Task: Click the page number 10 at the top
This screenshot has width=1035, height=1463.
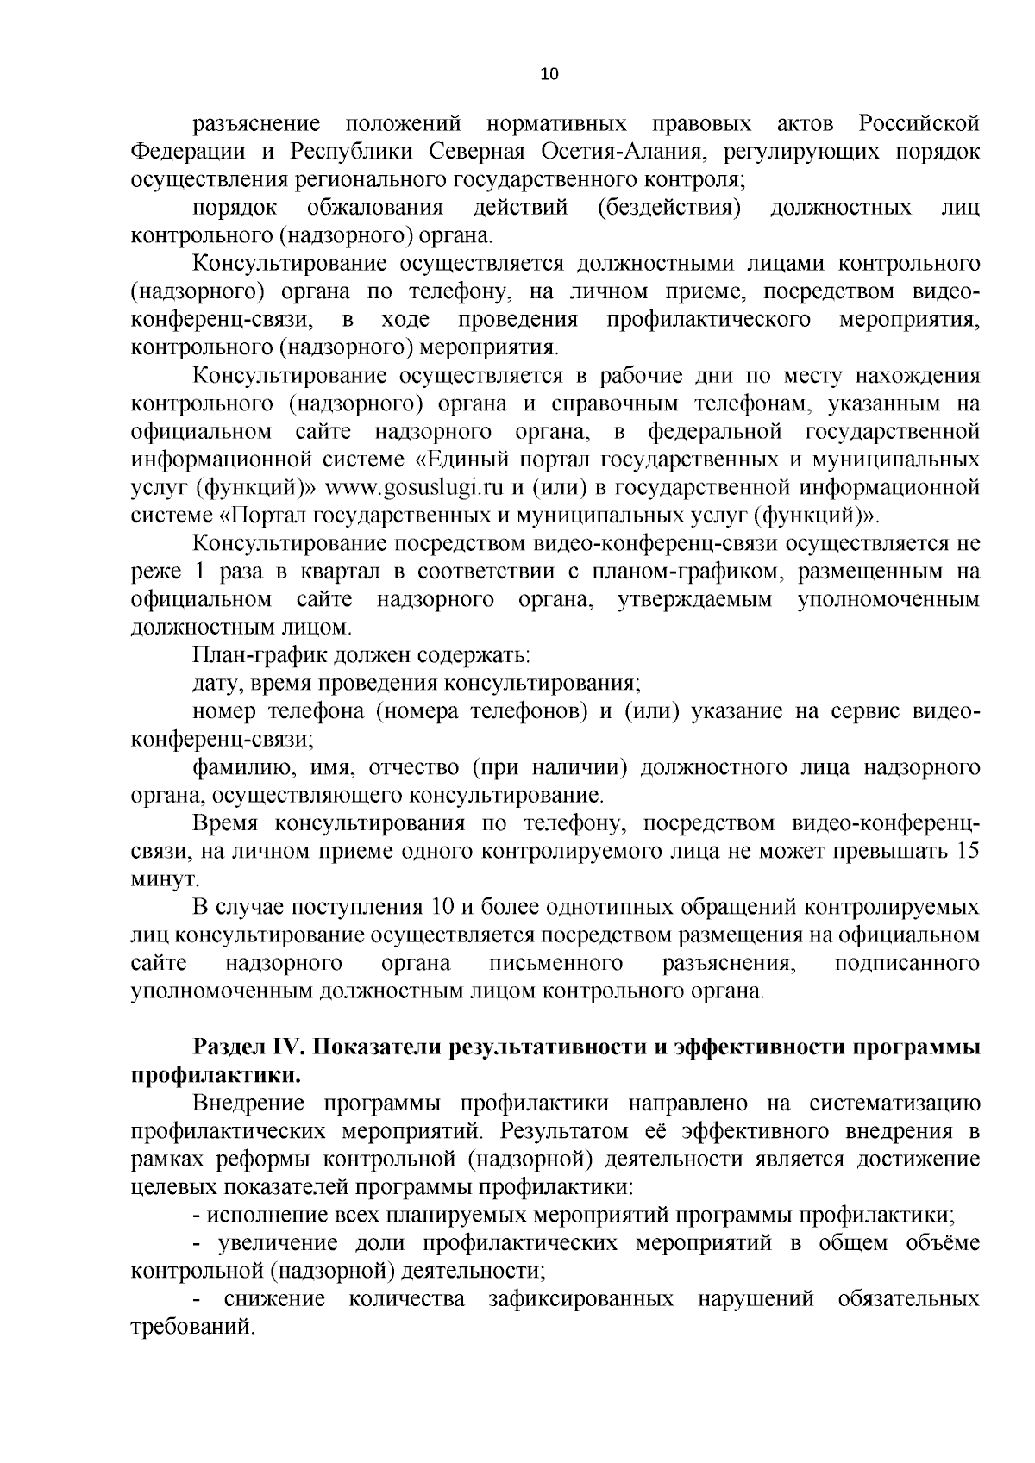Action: [549, 74]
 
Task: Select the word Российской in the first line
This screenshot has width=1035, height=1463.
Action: [919, 124]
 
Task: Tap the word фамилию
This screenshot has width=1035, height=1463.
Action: [234, 767]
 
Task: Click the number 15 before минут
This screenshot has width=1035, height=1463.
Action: [968, 851]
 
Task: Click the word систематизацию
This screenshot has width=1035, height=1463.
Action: [894, 1104]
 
